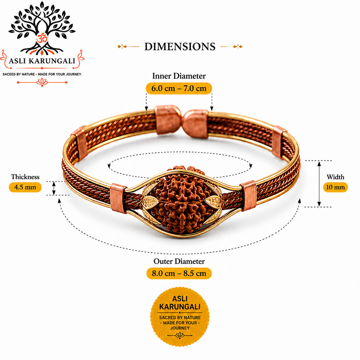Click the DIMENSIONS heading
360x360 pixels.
(x=180, y=47)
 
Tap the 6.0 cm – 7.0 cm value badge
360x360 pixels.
(x=179, y=88)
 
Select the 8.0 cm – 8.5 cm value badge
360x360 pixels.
(x=179, y=274)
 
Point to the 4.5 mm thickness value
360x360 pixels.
(x=25, y=187)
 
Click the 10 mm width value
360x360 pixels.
(x=336, y=187)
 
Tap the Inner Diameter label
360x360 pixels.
(x=179, y=76)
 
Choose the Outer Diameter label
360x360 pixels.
(x=179, y=261)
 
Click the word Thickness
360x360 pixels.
(x=25, y=177)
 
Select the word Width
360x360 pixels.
(x=335, y=177)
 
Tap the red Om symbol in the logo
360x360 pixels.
(x=42, y=38)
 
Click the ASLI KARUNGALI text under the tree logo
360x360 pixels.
(x=42, y=61)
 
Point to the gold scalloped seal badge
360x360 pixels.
(x=180, y=317)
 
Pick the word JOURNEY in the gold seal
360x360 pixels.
(x=180, y=328)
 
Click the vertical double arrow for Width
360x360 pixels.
(x=319, y=184)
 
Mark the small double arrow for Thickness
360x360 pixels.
(x=54, y=188)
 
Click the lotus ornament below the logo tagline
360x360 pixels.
(x=42, y=82)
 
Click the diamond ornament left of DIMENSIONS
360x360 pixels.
(x=122, y=47)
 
